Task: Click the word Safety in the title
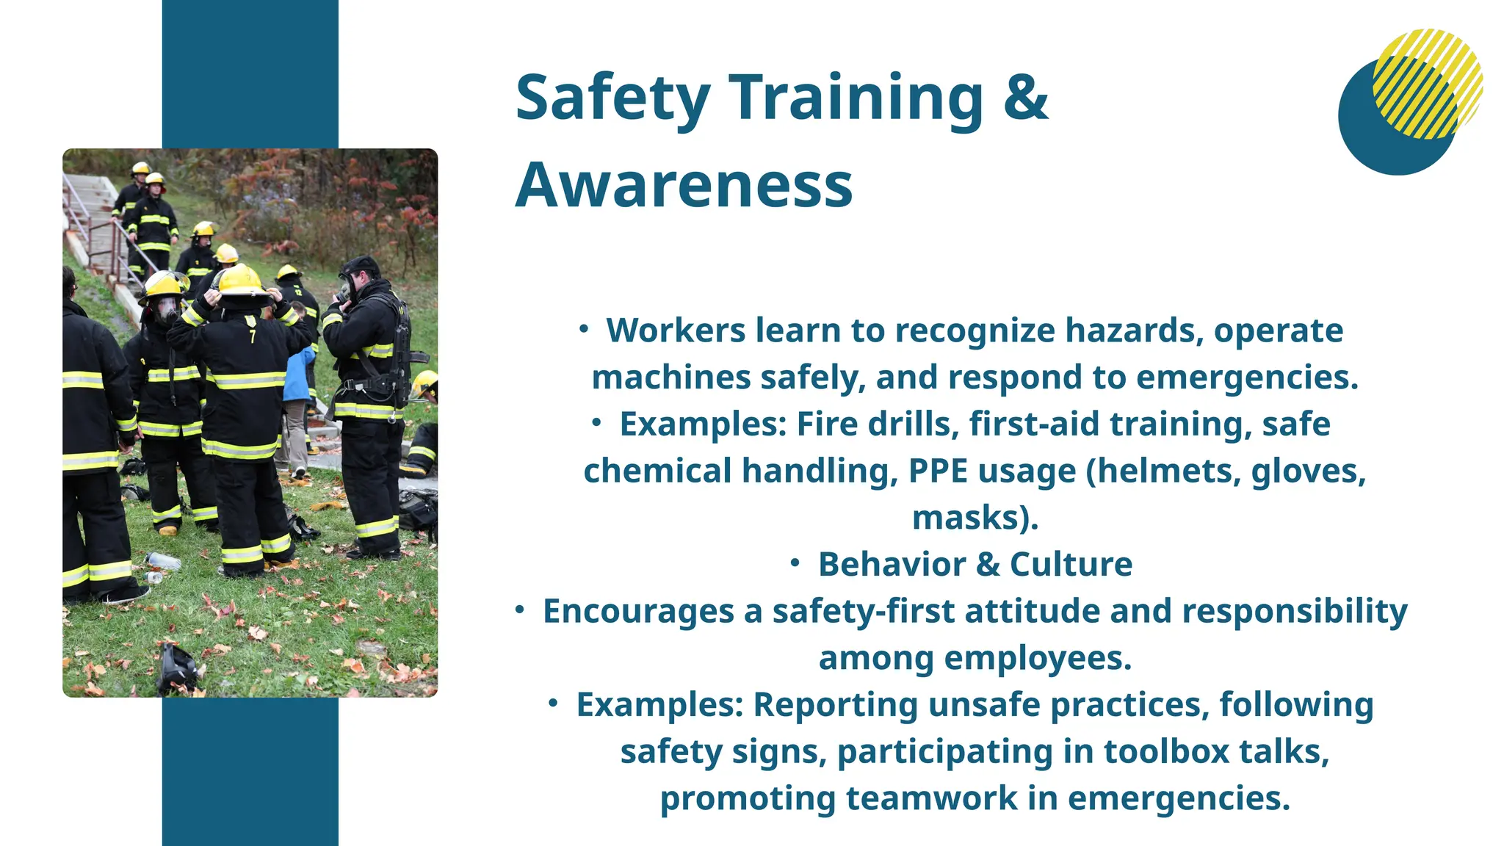pos(612,98)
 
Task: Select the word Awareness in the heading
pos(684,185)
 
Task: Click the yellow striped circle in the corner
pos(1428,83)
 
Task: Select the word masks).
pos(975,518)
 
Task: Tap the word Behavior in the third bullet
pos(892,565)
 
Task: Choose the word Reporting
pos(836,705)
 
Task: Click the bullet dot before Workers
pos(584,329)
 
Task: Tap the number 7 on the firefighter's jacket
pos(253,337)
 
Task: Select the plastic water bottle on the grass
pos(163,561)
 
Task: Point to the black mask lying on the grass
pos(178,669)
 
